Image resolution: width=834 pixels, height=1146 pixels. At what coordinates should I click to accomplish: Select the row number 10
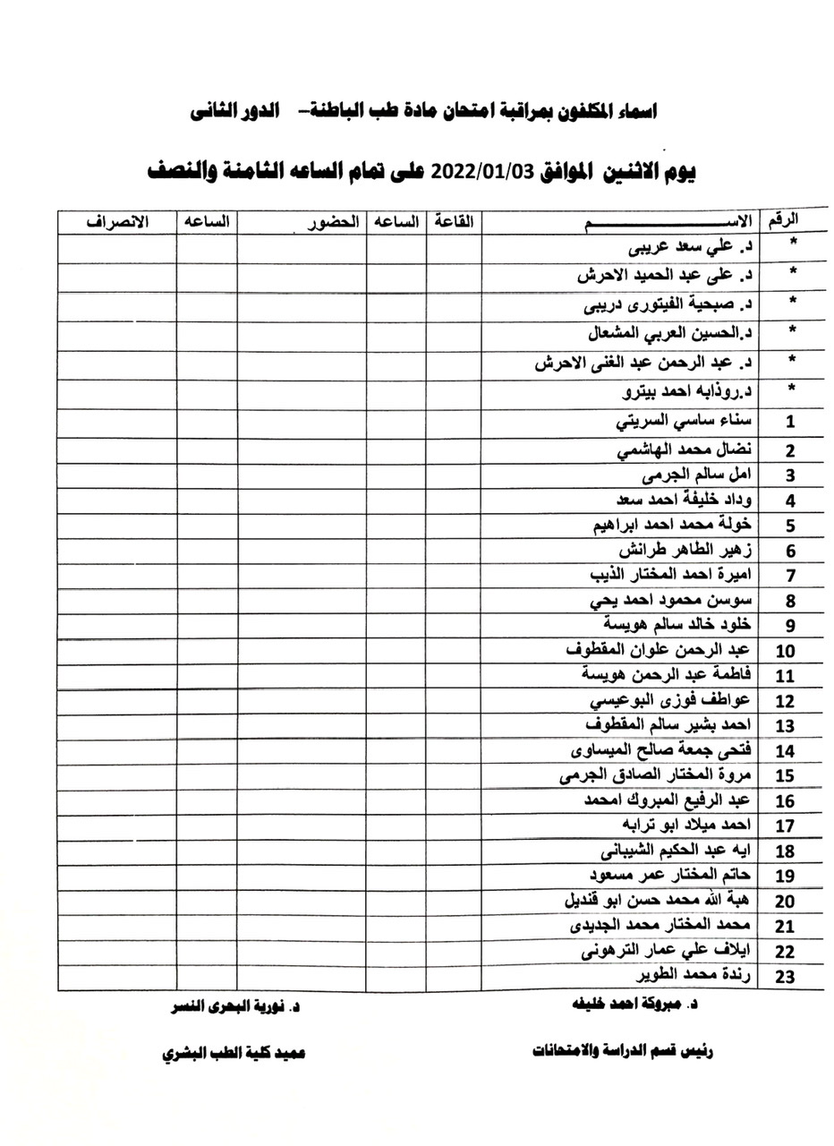[x=786, y=651]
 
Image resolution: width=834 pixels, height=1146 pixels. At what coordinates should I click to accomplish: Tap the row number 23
[x=786, y=976]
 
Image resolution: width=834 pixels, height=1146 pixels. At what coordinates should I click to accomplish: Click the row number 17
[x=786, y=825]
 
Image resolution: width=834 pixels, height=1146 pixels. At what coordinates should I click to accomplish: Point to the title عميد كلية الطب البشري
[x=234, y=1054]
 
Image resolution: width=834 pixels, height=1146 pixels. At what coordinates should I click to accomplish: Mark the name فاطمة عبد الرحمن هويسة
[x=670, y=674]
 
